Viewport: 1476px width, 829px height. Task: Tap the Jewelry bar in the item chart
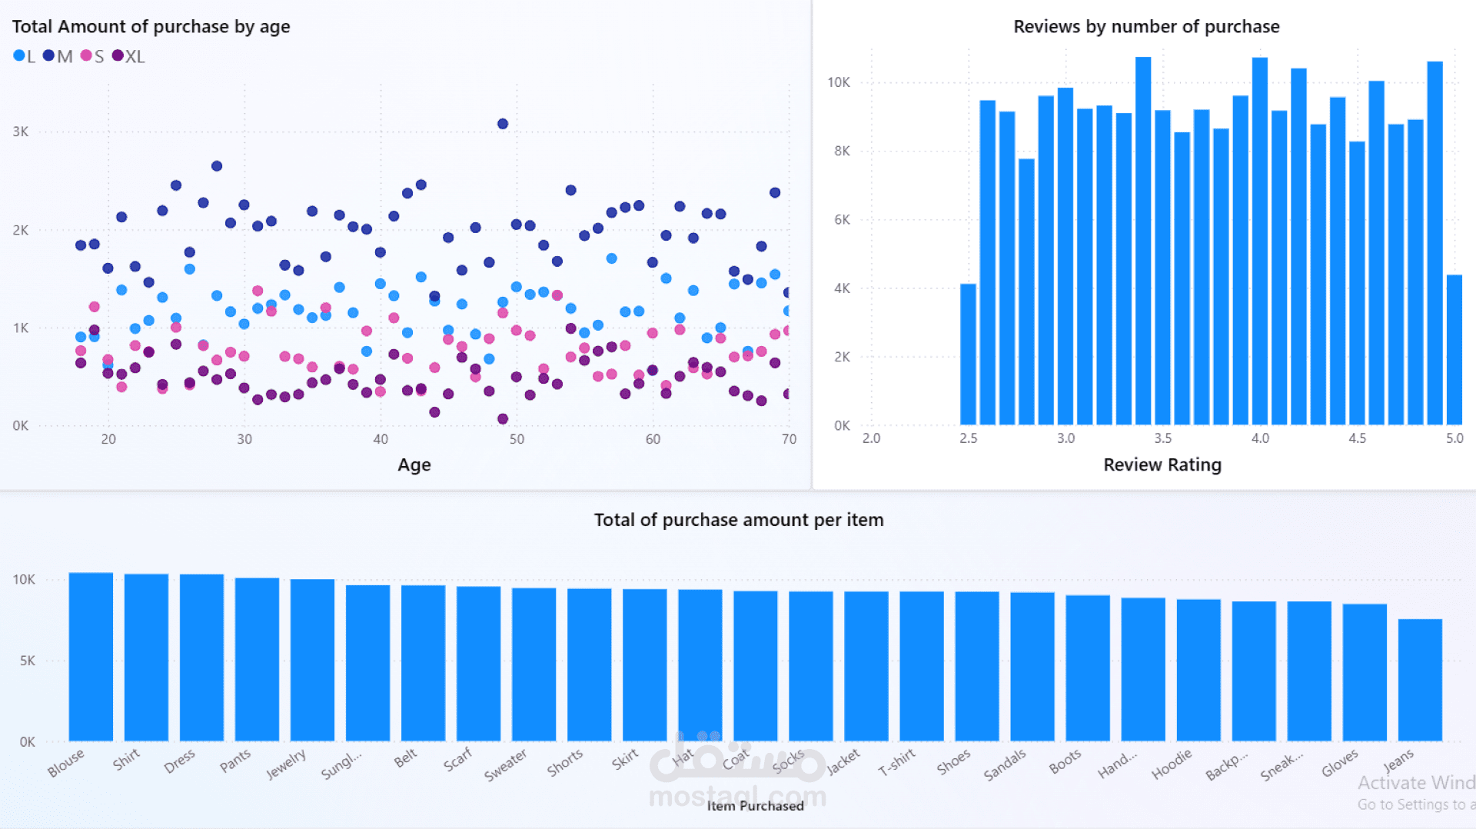click(x=312, y=659)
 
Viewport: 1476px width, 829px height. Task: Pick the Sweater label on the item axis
click(x=505, y=765)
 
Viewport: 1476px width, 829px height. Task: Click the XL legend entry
click(x=129, y=56)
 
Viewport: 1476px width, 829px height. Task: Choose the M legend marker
click(x=49, y=55)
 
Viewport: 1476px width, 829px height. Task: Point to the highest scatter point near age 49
click(x=503, y=124)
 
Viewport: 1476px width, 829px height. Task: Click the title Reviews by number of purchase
click(x=1146, y=27)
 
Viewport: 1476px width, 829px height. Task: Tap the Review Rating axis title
click(x=1162, y=464)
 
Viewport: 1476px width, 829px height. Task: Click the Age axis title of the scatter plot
click(x=414, y=464)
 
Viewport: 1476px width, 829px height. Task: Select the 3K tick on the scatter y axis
click(x=21, y=132)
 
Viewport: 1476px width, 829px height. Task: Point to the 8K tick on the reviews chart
click(x=843, y=151)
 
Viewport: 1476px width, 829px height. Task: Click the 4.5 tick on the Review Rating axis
click(x=1357, y=438)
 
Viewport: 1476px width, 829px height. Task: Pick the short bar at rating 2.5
click(x=968, y=354)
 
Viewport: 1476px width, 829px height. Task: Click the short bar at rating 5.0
click(x=1454, y=349)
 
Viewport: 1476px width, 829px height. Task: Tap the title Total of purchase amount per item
click(x=738, y=520)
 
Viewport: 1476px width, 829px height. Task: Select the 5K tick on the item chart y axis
click(x=27, y=661)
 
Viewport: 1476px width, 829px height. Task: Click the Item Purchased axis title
click(x=755, y=806)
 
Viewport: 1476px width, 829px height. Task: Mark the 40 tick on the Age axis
click(x=381, y=439)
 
